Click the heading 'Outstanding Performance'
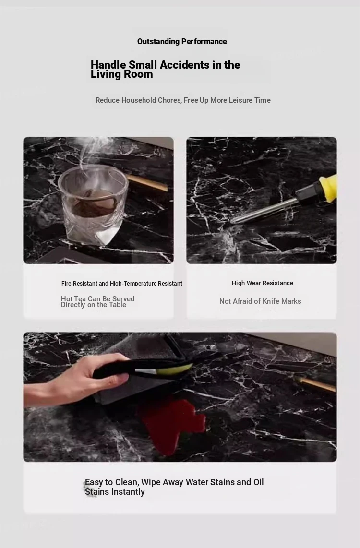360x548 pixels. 182,42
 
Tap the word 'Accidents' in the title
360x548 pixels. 184,65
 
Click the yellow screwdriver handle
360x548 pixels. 328,189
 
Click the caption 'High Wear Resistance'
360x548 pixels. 263,283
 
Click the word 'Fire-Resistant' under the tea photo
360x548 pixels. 79,284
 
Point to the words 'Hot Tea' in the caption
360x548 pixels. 73,299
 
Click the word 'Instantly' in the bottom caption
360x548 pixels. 128,492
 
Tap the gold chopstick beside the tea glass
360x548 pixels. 147,183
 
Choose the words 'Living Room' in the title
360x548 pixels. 121,74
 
